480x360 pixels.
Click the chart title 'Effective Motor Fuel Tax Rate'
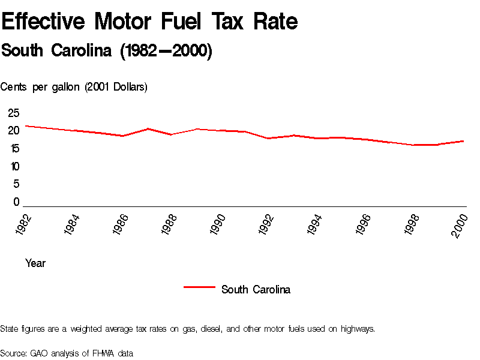point(149,22)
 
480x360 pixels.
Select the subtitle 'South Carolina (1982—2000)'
point(107,51)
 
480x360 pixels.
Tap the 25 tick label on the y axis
point(14,113)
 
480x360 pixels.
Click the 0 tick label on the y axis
point(17,202)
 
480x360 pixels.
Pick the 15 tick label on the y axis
point(14,148)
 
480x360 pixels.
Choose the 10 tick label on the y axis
point(14,166)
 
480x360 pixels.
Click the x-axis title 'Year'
point(35,263)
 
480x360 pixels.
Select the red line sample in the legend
point(199,287)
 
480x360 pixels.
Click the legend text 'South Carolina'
point(256,290)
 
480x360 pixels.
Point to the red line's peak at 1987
point(148,128)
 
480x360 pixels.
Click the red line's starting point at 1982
point(25,126)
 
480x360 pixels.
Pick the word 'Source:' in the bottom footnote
point(14,353)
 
